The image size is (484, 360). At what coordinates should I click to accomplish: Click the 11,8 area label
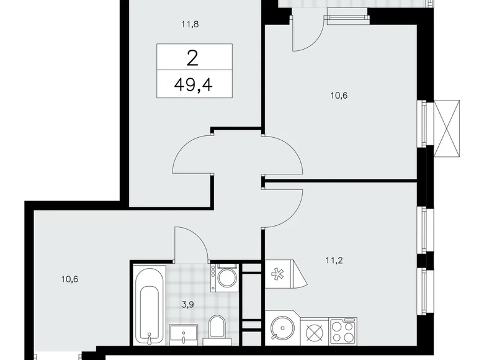tap(189, 25)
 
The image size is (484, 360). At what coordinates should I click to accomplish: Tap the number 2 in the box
tap(194, 59)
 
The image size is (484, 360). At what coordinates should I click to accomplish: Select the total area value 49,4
tap(194, 84)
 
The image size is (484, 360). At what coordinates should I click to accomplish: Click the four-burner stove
tap(343, 328)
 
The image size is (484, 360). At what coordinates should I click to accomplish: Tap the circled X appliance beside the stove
tap(313, 329)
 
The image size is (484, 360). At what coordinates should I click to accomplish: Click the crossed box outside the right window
tap(449, 128)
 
